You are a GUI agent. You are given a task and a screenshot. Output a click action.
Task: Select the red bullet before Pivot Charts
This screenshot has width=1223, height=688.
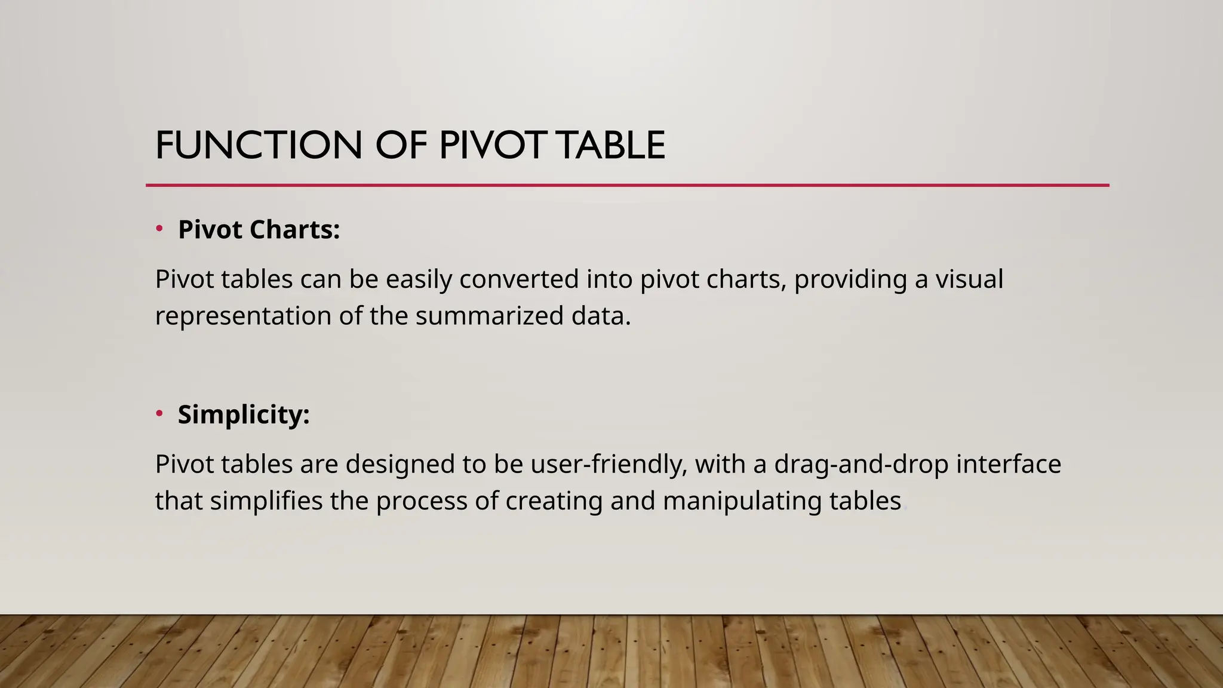tap(159, 229)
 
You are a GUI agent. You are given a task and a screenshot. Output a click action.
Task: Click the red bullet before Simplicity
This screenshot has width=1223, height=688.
tap(159, 413)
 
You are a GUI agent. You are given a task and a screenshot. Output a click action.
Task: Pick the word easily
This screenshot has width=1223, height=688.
tap(419, 279)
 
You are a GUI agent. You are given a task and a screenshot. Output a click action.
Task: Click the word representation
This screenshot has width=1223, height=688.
tap(243, 316)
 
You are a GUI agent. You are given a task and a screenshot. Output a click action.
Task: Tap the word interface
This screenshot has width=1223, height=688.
tap(1009, 464)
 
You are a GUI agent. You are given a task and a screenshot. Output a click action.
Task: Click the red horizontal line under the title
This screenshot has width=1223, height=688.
tap(627, 186)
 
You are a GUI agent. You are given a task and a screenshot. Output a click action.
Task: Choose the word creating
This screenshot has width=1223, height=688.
tap(554, 501)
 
